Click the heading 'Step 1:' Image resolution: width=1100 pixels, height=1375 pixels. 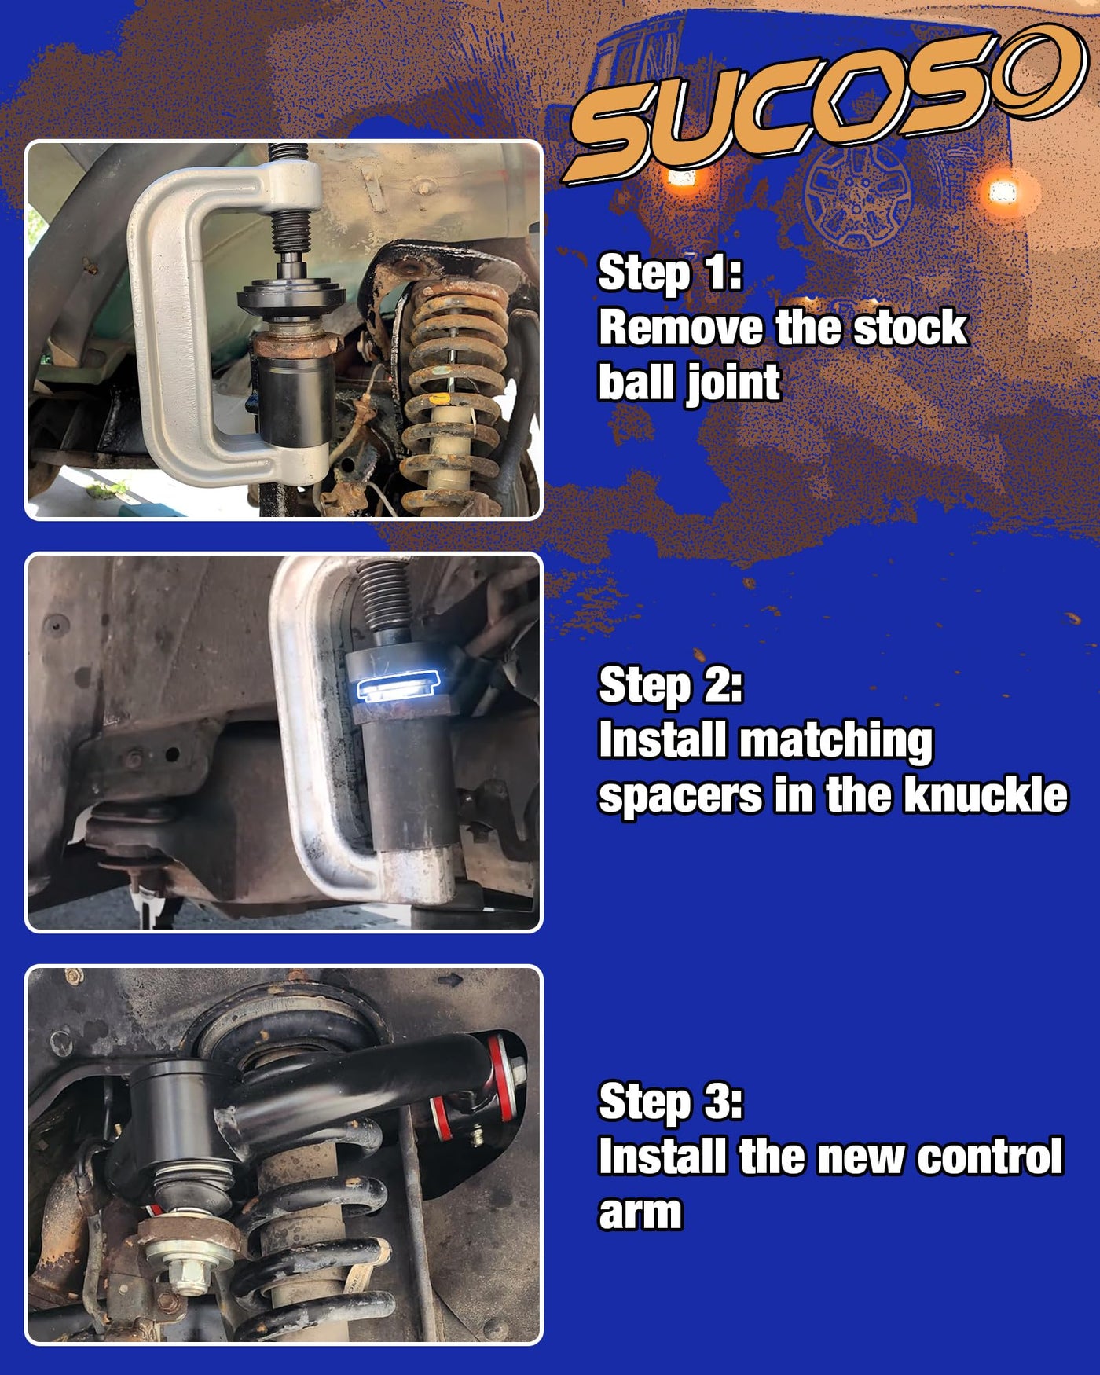coord(670,273)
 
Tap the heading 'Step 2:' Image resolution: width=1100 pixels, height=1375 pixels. coord(670,686)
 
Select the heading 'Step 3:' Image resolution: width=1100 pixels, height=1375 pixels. coord(670,1102)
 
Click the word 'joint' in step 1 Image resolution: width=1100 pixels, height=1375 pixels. coord(735,383)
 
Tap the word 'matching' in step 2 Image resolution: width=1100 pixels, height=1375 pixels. coord(837,742)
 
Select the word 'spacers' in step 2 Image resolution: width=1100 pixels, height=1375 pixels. coord(680,797)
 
